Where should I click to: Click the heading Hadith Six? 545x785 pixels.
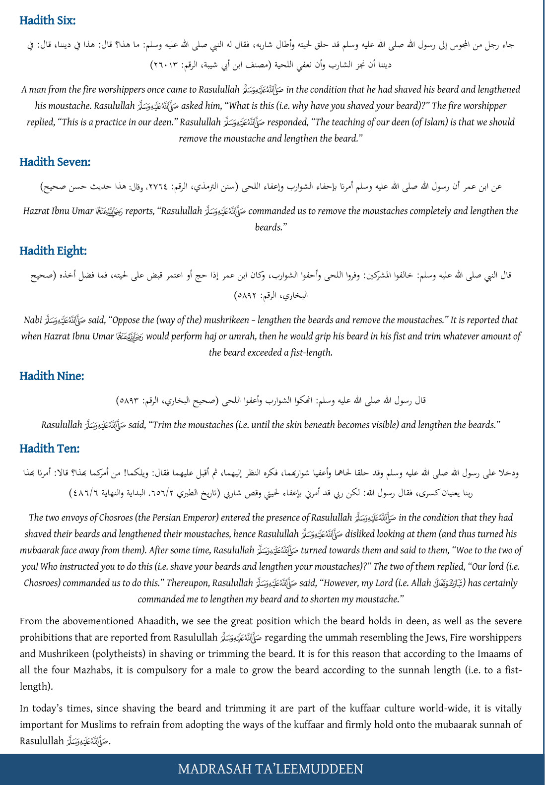tap(48, 20)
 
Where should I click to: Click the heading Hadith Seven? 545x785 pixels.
tap(55, 162)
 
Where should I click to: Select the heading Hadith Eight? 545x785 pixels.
tap(53, 251)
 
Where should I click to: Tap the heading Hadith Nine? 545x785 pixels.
tap(52, 376)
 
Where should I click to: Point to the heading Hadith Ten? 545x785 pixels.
tap(50, 448)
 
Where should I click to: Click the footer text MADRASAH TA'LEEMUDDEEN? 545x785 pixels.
tap(271, 769)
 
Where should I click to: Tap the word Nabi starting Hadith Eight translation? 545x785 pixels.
tap(33, 320)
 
